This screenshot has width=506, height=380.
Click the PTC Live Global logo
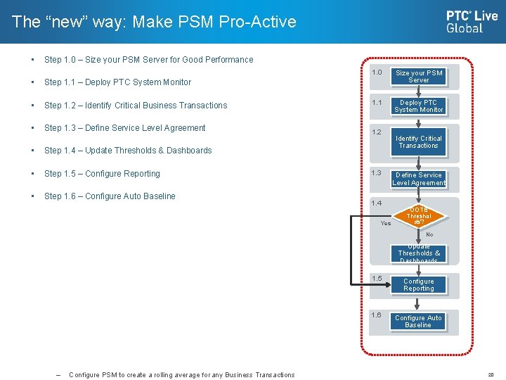point(472,21)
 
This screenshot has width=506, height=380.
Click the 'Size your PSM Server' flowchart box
point(419,76)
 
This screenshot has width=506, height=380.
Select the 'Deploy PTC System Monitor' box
point(419,106)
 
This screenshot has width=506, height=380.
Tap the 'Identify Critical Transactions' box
point(419,142)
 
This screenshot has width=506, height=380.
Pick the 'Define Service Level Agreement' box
point(419,179)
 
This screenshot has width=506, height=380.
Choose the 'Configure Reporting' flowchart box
point(419,285)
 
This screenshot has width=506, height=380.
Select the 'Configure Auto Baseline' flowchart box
point(419,322)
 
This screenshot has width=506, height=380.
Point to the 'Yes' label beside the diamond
point(386,224)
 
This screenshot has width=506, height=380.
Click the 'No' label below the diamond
point(429,234)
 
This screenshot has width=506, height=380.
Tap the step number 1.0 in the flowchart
point(377,72)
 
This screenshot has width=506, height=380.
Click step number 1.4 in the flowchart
point(377,203)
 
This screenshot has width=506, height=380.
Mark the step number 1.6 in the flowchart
point(377,315)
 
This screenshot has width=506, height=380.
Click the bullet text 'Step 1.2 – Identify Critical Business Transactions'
point(136,106)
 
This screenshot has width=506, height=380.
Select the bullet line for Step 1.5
point(102,174)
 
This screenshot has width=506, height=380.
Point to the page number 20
point(491,375)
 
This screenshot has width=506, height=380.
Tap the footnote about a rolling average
point(181,375)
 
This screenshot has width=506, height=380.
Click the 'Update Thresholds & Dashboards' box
point(419,253)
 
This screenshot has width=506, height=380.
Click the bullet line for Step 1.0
point(148,60)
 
